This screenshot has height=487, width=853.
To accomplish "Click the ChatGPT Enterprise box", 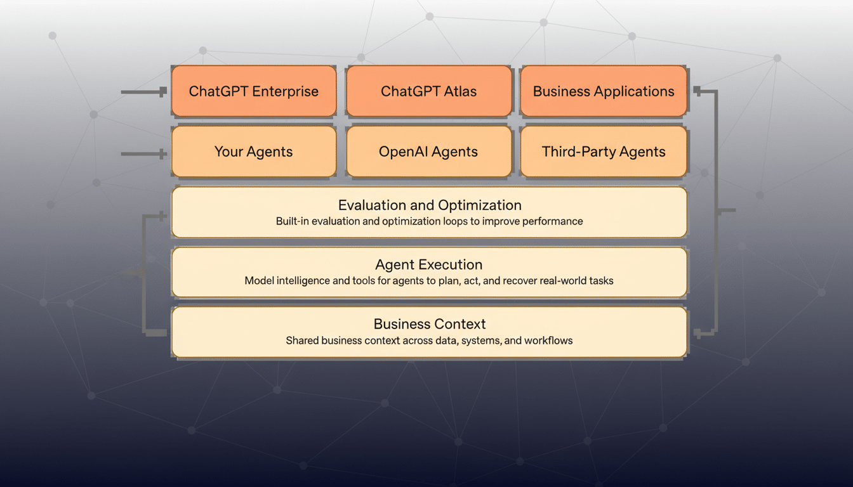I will point(253,91).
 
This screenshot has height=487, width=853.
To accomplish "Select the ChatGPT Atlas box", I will point(428,91).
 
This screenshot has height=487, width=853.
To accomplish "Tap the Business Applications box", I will point(604,91).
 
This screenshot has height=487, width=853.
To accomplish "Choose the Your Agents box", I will point(253,152).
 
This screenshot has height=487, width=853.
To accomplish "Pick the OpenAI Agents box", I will point(428,152).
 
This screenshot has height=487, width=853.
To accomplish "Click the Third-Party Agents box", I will point(604,152).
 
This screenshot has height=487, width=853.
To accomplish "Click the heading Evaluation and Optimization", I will point(430,205).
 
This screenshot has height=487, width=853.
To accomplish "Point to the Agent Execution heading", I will point(428,265).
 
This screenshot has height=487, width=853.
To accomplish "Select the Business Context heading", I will point(430,324).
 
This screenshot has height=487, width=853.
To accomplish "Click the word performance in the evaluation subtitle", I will point(553,221).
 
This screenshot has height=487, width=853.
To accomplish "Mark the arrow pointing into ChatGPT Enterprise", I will point(144,92).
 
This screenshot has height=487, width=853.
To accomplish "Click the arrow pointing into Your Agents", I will point(144,153).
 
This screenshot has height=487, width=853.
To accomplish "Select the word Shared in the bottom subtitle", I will point(301,341).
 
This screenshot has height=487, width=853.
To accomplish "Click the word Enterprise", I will point(285,91).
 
